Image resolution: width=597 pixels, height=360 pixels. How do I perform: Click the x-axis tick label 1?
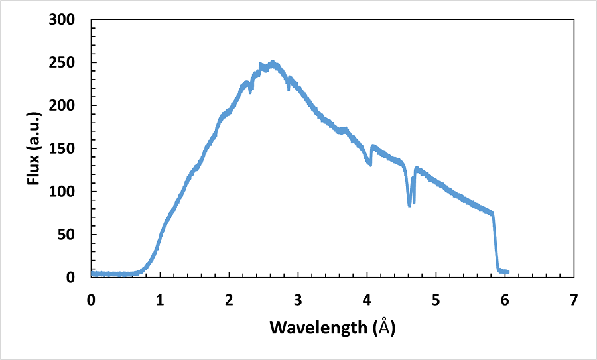[160, 299]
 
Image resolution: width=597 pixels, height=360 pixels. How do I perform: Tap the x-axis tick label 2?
[229, 299]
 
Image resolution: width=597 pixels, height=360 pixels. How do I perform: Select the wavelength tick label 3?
[298, 299]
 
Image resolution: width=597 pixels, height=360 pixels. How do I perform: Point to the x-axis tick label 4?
[367, 299]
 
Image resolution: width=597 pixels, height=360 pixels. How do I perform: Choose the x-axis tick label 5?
[436, 299]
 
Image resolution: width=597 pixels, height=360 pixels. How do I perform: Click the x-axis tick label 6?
[505, 299]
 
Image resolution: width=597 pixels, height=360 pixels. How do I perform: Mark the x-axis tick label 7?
[574, 299]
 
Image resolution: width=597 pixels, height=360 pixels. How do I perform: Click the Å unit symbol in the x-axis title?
[385, 327]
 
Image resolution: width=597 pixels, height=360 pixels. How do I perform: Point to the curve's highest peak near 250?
[272, 63]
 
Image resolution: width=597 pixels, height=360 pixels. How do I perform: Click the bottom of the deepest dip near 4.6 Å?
[409, 206]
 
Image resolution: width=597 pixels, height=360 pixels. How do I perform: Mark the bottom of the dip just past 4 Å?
[370, 164]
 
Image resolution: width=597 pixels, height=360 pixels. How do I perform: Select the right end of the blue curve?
[508, 272]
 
